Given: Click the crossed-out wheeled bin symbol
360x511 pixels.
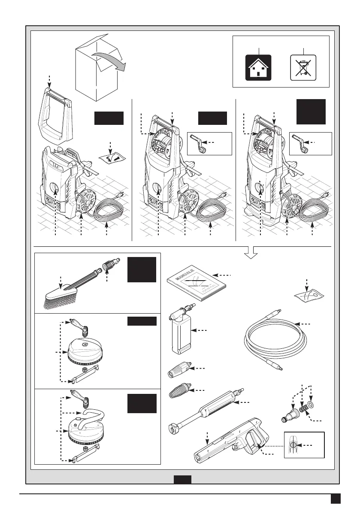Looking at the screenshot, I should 303,67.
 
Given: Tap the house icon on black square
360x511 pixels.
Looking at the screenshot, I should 258,68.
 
